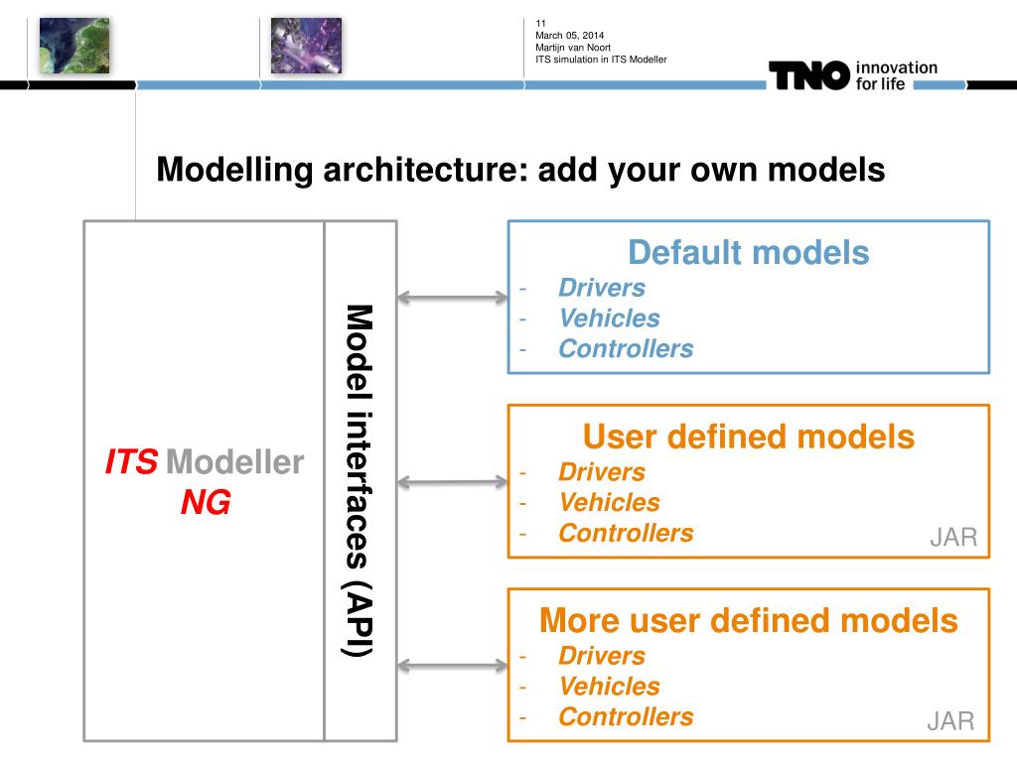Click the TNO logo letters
point(808,75)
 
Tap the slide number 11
point(541,24)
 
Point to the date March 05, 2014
point(569,36)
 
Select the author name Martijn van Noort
point(573,48)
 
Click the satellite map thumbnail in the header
point(74,46)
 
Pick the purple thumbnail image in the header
point(306,46)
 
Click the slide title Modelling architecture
point(520,170)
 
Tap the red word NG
point(206,504)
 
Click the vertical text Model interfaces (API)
point(359,480)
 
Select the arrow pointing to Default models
point(452,296)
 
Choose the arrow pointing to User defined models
point(452,482)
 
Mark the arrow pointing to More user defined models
point(452,666)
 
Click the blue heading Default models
point(748,253)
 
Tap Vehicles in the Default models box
point(609,318)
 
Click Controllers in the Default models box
point(626,349)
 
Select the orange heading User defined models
point(748,437)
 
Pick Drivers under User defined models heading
point(602,472)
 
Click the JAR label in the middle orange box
point(953,539)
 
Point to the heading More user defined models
point(748,621)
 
